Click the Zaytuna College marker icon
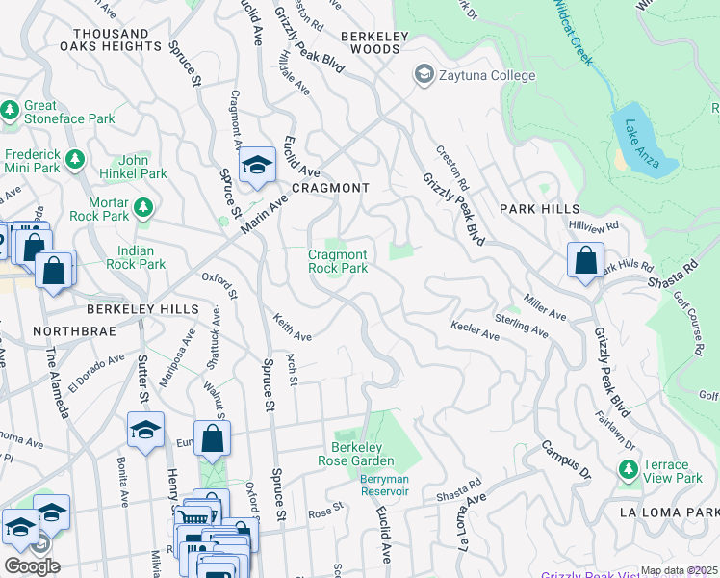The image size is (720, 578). pyautogui.click(x=424, y=74)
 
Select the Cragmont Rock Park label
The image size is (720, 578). pyautogui.click(x=337, y=261)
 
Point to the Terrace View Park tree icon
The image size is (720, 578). pyautogui.click(x=629, y=469)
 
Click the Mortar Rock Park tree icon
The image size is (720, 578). pyautogui.click(x=142, y=206)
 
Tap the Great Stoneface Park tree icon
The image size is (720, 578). pyautogui.click(x=12, y=111)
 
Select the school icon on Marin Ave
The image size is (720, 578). pyautogui.click(x=257, y=165)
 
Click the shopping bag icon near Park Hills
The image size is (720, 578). pyautogui.click(x=585, y=260)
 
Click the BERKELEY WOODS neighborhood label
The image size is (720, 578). pyautogui.click(x=374, y=42)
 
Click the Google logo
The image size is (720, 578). pyautogui.click(x=31, y=565)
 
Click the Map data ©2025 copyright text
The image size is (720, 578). pyautogui.click(x=678, y=570)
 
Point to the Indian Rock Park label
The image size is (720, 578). pyautogui.click(x=136, y=257)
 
